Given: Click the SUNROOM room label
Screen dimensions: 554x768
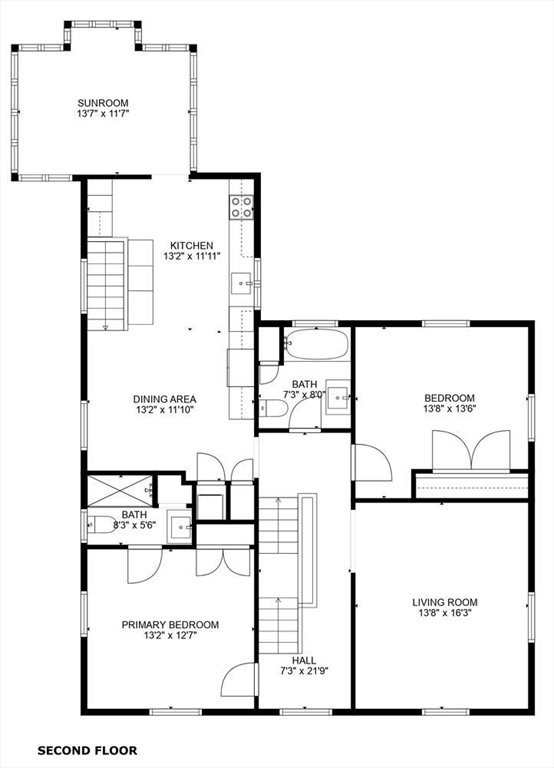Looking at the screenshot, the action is click(x=103, y=103).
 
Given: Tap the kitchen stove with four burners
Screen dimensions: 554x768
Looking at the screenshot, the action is click(x=241, y=207).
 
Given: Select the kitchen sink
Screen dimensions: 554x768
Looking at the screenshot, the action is click(x=241, y=283).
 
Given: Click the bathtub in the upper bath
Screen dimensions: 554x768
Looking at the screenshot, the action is click(x=316, y=344).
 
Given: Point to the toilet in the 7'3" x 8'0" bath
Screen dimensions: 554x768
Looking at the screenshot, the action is click(x=272, y=408).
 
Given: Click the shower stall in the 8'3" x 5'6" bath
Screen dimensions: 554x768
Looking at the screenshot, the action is click(x=120, y=491).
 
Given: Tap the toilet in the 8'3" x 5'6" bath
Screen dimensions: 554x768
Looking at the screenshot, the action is click(x=100, y=525).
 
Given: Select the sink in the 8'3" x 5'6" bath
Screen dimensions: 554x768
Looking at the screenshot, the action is click(x=179, y=527).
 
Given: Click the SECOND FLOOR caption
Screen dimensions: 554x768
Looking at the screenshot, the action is click(x=87, y=750).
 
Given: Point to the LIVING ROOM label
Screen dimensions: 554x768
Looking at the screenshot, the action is click(x=445, y=602).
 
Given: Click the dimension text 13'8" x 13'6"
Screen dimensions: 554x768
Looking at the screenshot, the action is click(x=450, y=408).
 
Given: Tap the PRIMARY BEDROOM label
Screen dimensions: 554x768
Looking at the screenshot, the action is click(x=170, y=625).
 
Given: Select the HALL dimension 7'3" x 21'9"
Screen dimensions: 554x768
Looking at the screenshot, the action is click(x=304, y=672).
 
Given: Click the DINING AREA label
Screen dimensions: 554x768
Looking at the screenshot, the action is click(x=165, y=399).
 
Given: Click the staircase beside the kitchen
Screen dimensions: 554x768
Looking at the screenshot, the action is click(x=106, y=284).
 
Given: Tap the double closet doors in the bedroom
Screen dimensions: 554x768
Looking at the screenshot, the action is click(x=471, y=451).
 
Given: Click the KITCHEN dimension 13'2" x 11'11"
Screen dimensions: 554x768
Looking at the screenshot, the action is click(x=192, y=256).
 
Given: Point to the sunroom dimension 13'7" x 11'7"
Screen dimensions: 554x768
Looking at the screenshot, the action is click(x=103, y=114).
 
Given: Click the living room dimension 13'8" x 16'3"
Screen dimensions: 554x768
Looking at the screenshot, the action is click(x=445, y=613).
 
